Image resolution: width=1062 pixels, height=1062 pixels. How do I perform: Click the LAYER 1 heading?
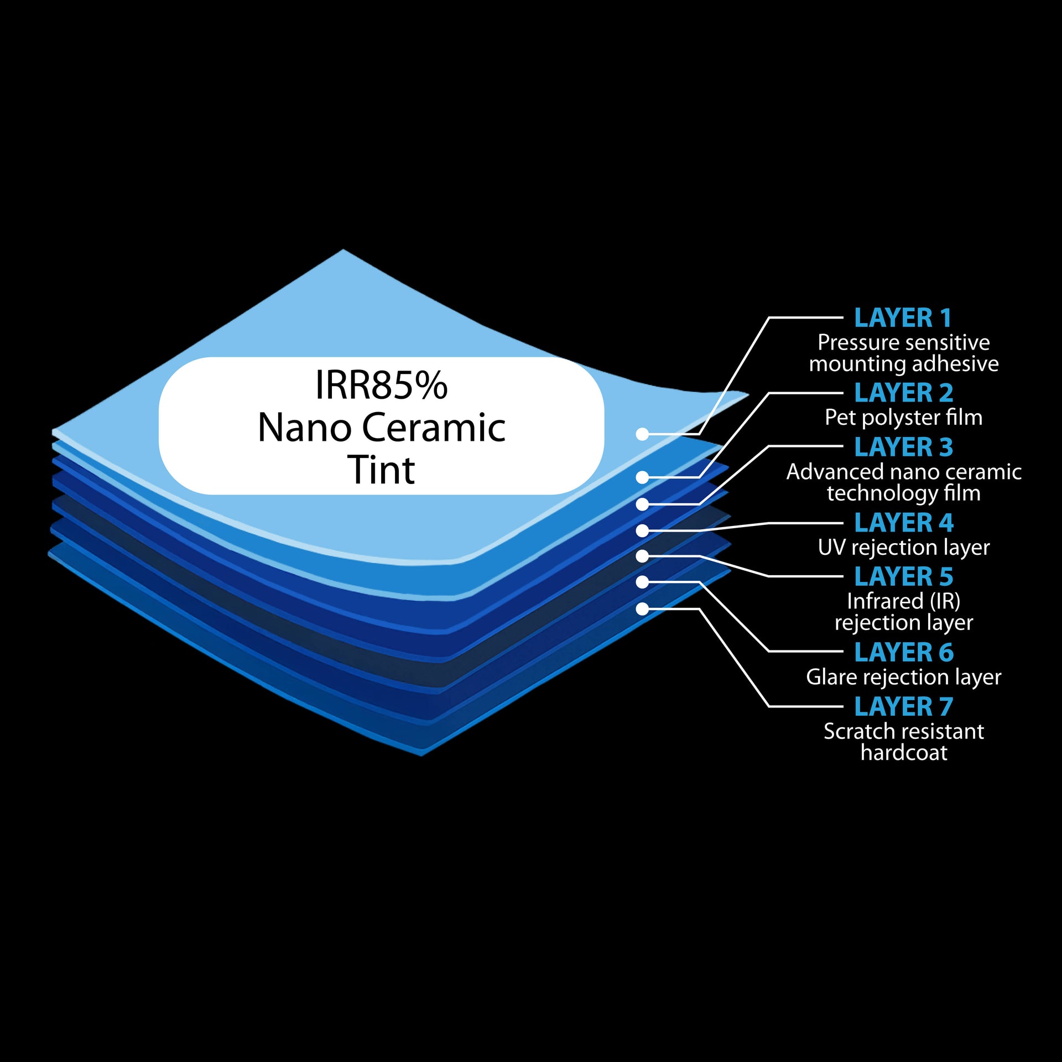pos(903,318)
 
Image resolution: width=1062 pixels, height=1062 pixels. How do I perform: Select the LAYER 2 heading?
pos(904,393)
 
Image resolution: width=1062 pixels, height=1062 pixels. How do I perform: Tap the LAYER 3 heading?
pos(904,447)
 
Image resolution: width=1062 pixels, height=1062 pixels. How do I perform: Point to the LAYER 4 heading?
pos(904,523)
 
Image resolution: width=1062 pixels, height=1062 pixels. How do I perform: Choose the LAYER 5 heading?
pos(904,577)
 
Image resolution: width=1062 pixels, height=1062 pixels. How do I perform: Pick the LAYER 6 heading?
pos(904,653)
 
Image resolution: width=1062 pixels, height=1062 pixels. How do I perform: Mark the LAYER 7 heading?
pos(904,707)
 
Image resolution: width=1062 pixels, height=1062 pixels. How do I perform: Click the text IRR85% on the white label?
pos(381,386)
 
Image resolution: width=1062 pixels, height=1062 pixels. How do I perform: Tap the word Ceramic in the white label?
pos(434,428)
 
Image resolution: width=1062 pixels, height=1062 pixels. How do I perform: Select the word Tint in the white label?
pos(381,471)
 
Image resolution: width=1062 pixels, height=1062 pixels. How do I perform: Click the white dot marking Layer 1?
pos(642,434)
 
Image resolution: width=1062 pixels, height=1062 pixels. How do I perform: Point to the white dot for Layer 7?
pos(642,609)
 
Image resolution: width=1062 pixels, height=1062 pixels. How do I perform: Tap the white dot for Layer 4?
pos(642,530)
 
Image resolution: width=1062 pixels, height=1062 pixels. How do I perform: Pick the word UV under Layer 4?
pos(831,548)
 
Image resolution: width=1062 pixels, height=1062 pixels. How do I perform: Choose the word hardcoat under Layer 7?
pos(904,753)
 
